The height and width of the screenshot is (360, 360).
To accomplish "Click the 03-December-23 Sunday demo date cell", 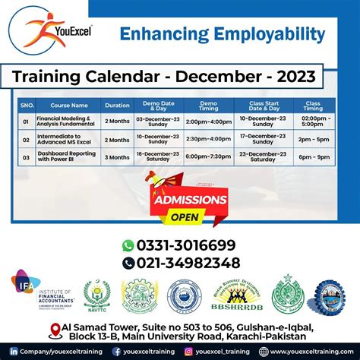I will click(x=159, y=121).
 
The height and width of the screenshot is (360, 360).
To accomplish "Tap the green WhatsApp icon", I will click(x=128, y=245).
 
